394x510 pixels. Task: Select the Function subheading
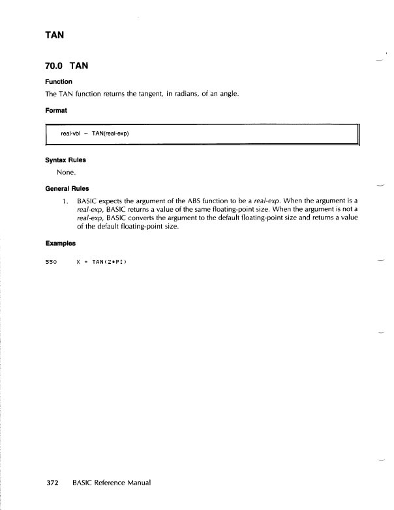(60, 83)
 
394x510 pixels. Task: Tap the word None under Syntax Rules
(67, 172)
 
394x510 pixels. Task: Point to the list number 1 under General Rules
(65, 201)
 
